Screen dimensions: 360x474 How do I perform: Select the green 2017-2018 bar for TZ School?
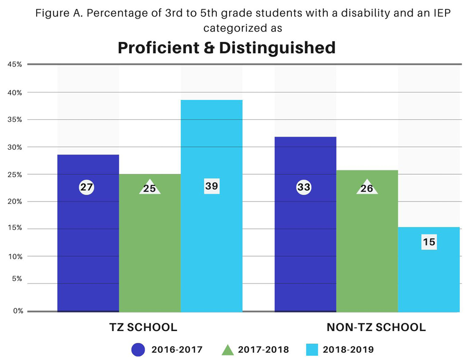coord(150,243)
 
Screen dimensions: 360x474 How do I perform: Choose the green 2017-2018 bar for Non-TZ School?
coord(367,243)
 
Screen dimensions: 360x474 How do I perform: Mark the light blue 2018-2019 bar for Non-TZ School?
coord(429,269)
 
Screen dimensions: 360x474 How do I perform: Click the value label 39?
coord(212,186)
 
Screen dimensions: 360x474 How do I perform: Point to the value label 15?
coord(429,242)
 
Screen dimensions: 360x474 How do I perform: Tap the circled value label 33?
coord(304,187)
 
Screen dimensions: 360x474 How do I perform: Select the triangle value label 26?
coord(367,189)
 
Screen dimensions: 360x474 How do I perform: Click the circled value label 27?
coord(87,187)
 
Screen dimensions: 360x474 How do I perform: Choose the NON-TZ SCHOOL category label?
coord(376,327)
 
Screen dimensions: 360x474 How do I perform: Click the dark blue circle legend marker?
coord(138,350)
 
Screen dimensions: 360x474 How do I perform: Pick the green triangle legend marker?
coord(227,350)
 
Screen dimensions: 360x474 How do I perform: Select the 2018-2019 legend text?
coord(348,350)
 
